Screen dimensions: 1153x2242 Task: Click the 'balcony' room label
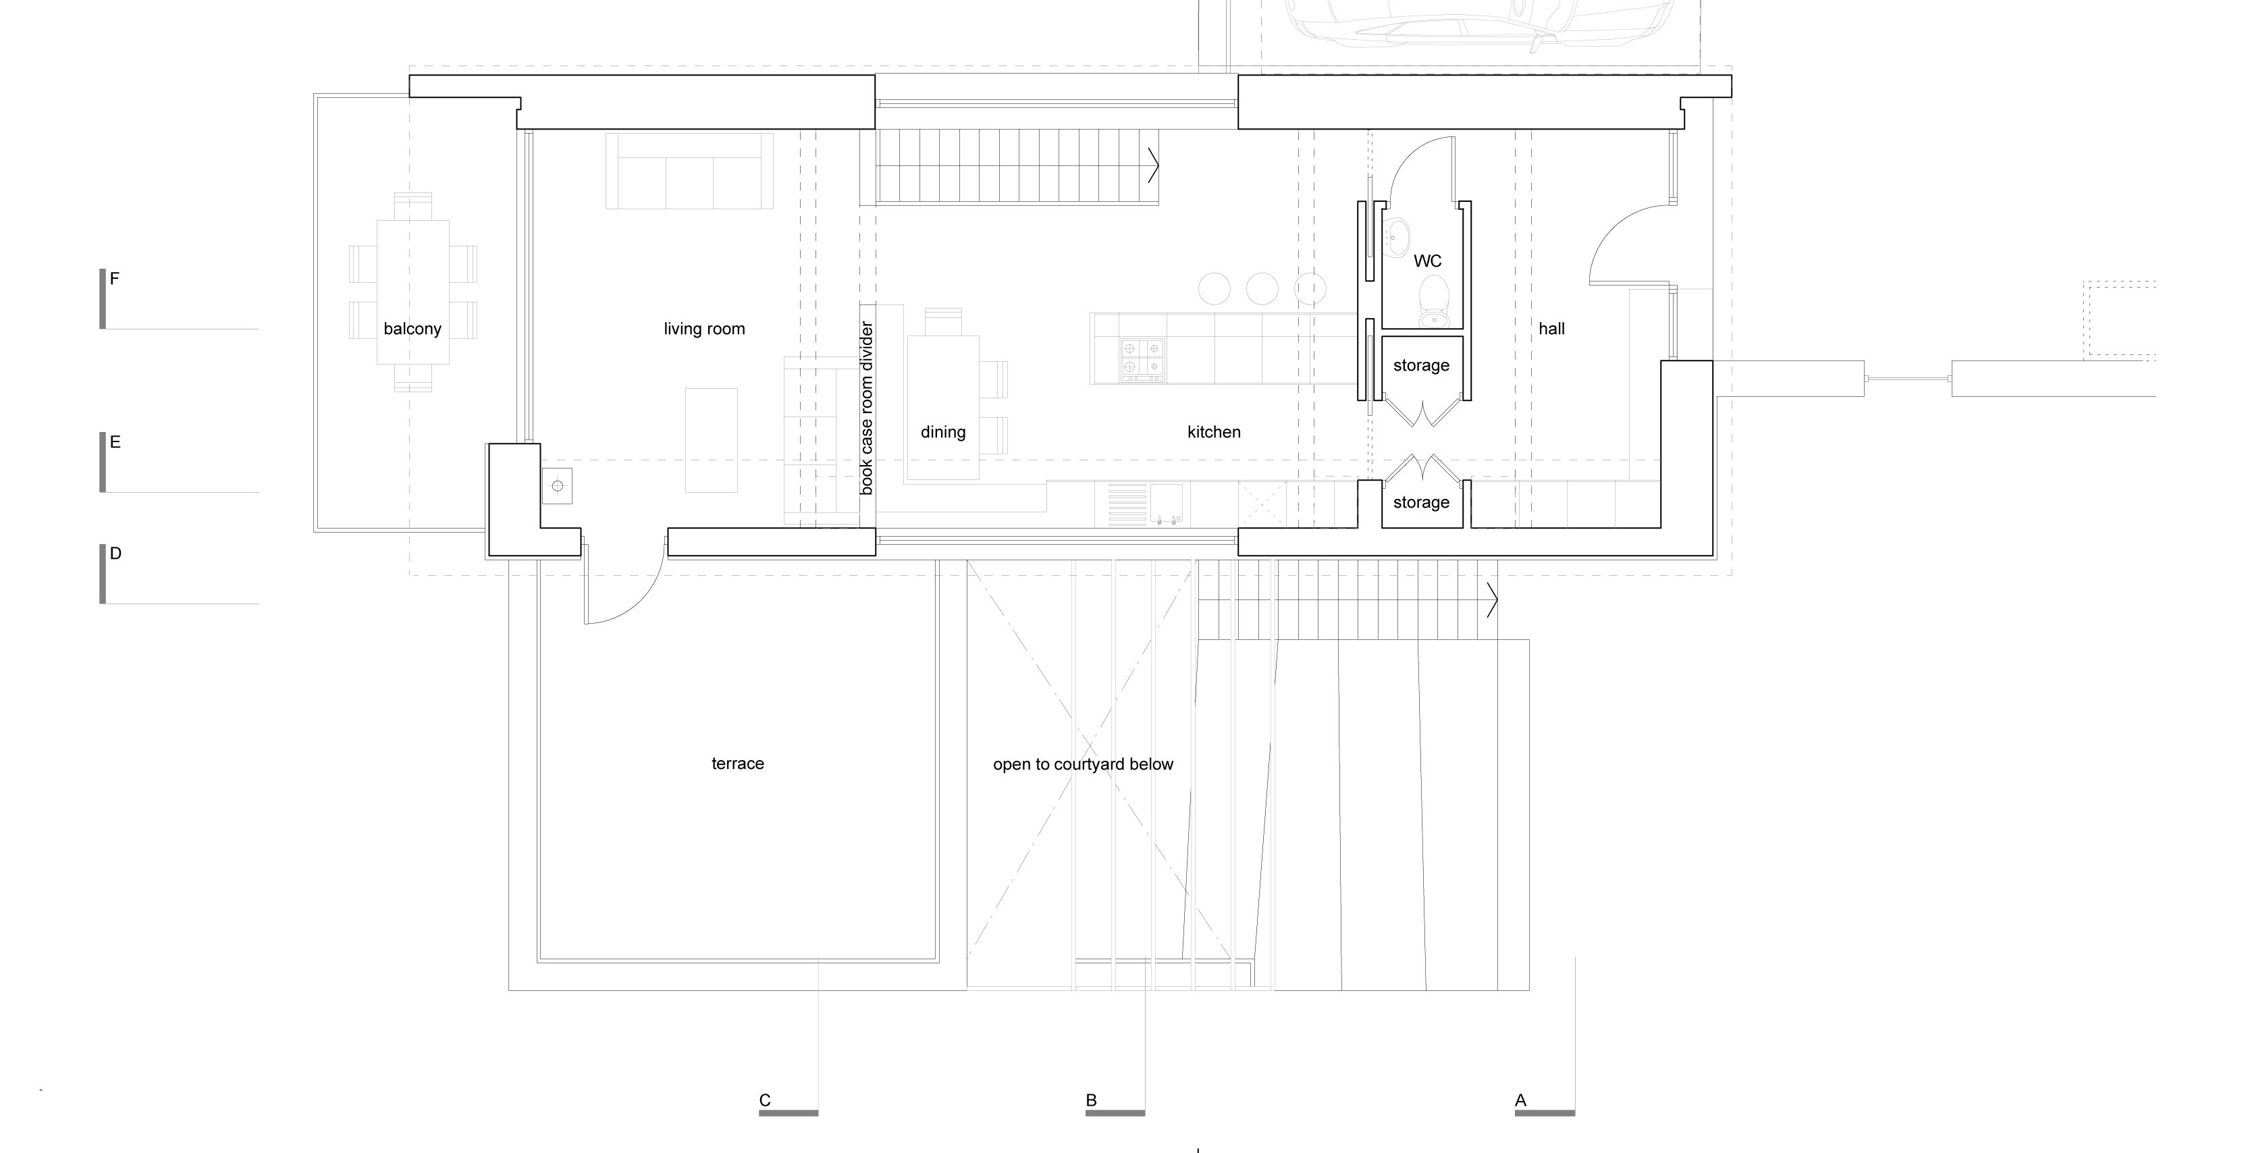[x=412, y=329]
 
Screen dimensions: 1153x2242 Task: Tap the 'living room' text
[x=704, y=329]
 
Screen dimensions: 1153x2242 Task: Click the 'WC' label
[x=1427, y=261]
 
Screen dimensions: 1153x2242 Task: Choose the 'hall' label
[x=1551, y=329]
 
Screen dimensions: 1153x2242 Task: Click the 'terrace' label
[x=737, y=763]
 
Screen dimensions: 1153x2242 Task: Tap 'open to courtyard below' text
[x=1083, y=764]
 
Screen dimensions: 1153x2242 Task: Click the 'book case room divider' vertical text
[x=866, y=408]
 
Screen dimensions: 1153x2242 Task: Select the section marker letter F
[x=114, y=278]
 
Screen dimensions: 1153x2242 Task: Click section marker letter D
[x=115, y=554]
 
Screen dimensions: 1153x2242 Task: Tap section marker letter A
[x=1520, y=1100]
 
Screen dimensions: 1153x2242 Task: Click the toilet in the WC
[x=1433, y=300]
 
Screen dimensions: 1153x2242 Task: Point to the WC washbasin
[x=1399, y=235]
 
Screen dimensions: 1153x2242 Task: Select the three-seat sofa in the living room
[x=689, y=171]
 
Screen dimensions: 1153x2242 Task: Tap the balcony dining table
[x=412, y=292]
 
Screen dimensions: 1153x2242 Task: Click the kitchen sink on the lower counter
[x=1167, y=502]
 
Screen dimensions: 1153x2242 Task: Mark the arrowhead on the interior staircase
[x=1154, y=165]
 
